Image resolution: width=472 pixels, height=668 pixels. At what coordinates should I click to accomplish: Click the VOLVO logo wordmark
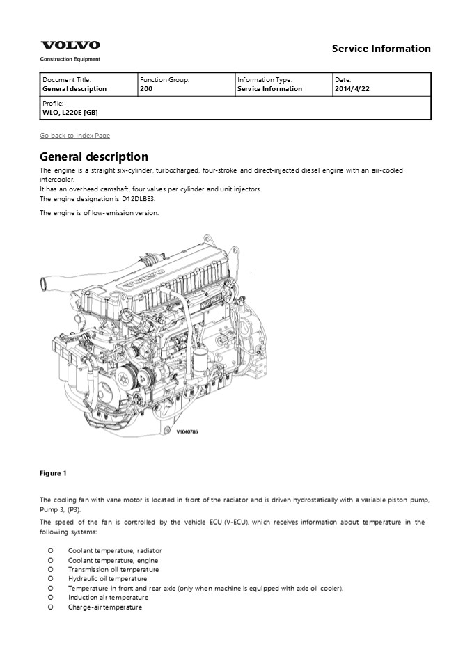point(70,45)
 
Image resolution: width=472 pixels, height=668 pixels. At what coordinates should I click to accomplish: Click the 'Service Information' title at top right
point(381,49)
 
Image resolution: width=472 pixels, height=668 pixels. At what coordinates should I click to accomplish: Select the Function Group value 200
point(146,89)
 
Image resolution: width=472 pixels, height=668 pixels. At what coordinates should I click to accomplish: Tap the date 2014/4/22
point(352,89)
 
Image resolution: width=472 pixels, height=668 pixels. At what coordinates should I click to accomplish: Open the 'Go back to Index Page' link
point(74,135)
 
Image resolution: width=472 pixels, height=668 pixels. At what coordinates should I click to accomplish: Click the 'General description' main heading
point(93,157)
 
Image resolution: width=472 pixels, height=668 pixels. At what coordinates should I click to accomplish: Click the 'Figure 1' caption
point(53,474)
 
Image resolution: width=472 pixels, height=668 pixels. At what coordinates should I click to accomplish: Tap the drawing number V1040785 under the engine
point(187,431)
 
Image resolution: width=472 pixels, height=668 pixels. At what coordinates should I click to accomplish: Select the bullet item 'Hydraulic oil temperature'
point(107,578)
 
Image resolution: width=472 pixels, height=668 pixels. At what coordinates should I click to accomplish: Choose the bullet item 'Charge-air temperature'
point(104,607)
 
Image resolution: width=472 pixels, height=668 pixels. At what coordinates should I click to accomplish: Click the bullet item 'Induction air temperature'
point(108,597)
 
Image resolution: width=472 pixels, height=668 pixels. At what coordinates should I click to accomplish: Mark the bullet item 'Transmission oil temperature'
point(113,569)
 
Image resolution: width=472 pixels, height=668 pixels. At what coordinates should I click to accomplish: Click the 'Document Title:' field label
point(67,80)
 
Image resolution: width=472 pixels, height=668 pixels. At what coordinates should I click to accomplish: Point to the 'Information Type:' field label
point(265,80)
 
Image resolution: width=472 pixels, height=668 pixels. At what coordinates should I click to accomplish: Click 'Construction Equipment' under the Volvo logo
point(70,60)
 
